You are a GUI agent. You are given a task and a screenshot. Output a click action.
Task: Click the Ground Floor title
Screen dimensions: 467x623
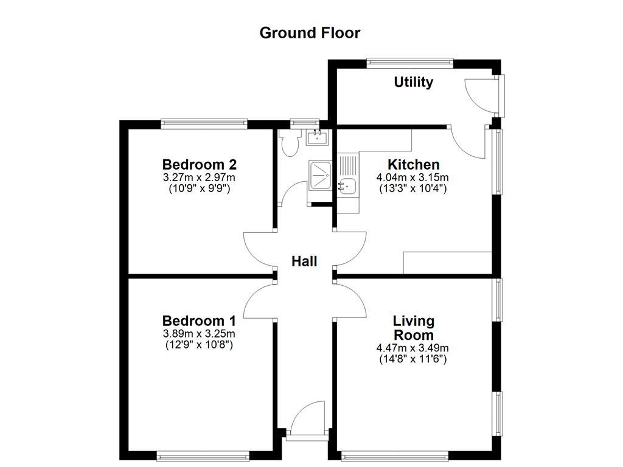(310, 33)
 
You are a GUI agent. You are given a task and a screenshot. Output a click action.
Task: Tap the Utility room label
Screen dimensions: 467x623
(414, 82)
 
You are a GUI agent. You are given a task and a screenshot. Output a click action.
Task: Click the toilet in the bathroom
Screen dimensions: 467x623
(290, 143)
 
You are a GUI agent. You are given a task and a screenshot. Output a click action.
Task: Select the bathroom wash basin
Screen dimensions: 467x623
(317, 137)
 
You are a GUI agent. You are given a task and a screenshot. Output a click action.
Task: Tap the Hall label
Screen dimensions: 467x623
(304, 261)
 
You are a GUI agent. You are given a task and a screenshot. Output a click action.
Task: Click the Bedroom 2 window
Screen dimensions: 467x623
(204, 124)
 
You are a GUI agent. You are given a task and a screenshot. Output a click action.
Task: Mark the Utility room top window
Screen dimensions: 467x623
(410, 62)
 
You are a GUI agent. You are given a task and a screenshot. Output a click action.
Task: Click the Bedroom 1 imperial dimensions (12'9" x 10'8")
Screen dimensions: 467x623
(199, 345)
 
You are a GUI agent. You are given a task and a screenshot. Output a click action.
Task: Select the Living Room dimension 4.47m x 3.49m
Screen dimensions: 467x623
(413, 348)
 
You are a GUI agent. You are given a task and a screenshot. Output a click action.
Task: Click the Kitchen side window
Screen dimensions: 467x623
(497, 161)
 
